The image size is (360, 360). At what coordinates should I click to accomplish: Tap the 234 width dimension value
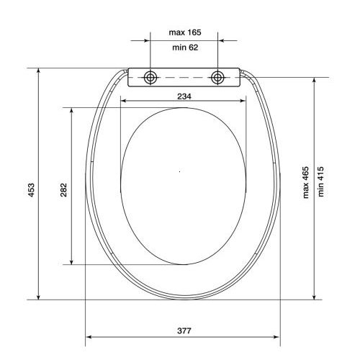pyautogui.click(x=184, y=96)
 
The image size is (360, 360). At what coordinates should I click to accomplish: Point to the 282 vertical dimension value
pyautogui.click(x=63, y=189)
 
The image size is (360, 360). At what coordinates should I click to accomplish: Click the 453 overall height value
pyautogui.click(x=31, y=189)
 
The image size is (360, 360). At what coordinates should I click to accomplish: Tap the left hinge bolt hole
pyautogui.click(x=150, y=77)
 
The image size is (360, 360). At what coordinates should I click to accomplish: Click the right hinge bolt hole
pyautogui.click(x=217, y=77)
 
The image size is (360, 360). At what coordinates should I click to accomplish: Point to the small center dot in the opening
pyautogui.click(x=179, y=171)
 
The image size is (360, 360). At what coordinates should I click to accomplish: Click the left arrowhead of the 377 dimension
pyautogui.click(x=89, y=336)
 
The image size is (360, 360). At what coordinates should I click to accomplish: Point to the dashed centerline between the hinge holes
pyautogui.click(x=184, y=77)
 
